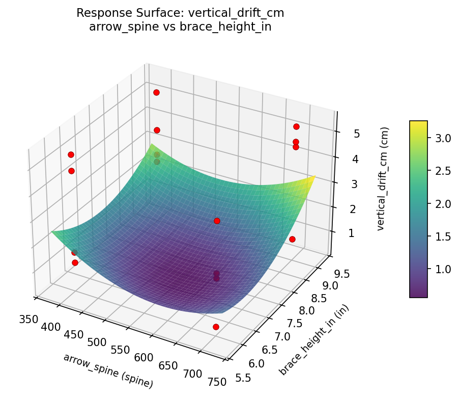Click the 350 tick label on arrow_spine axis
pos(28,320)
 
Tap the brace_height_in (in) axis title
pos(314,339)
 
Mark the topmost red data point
pos(156,92)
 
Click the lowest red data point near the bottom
pos(216,327)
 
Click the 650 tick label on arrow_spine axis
pos(168,365)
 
